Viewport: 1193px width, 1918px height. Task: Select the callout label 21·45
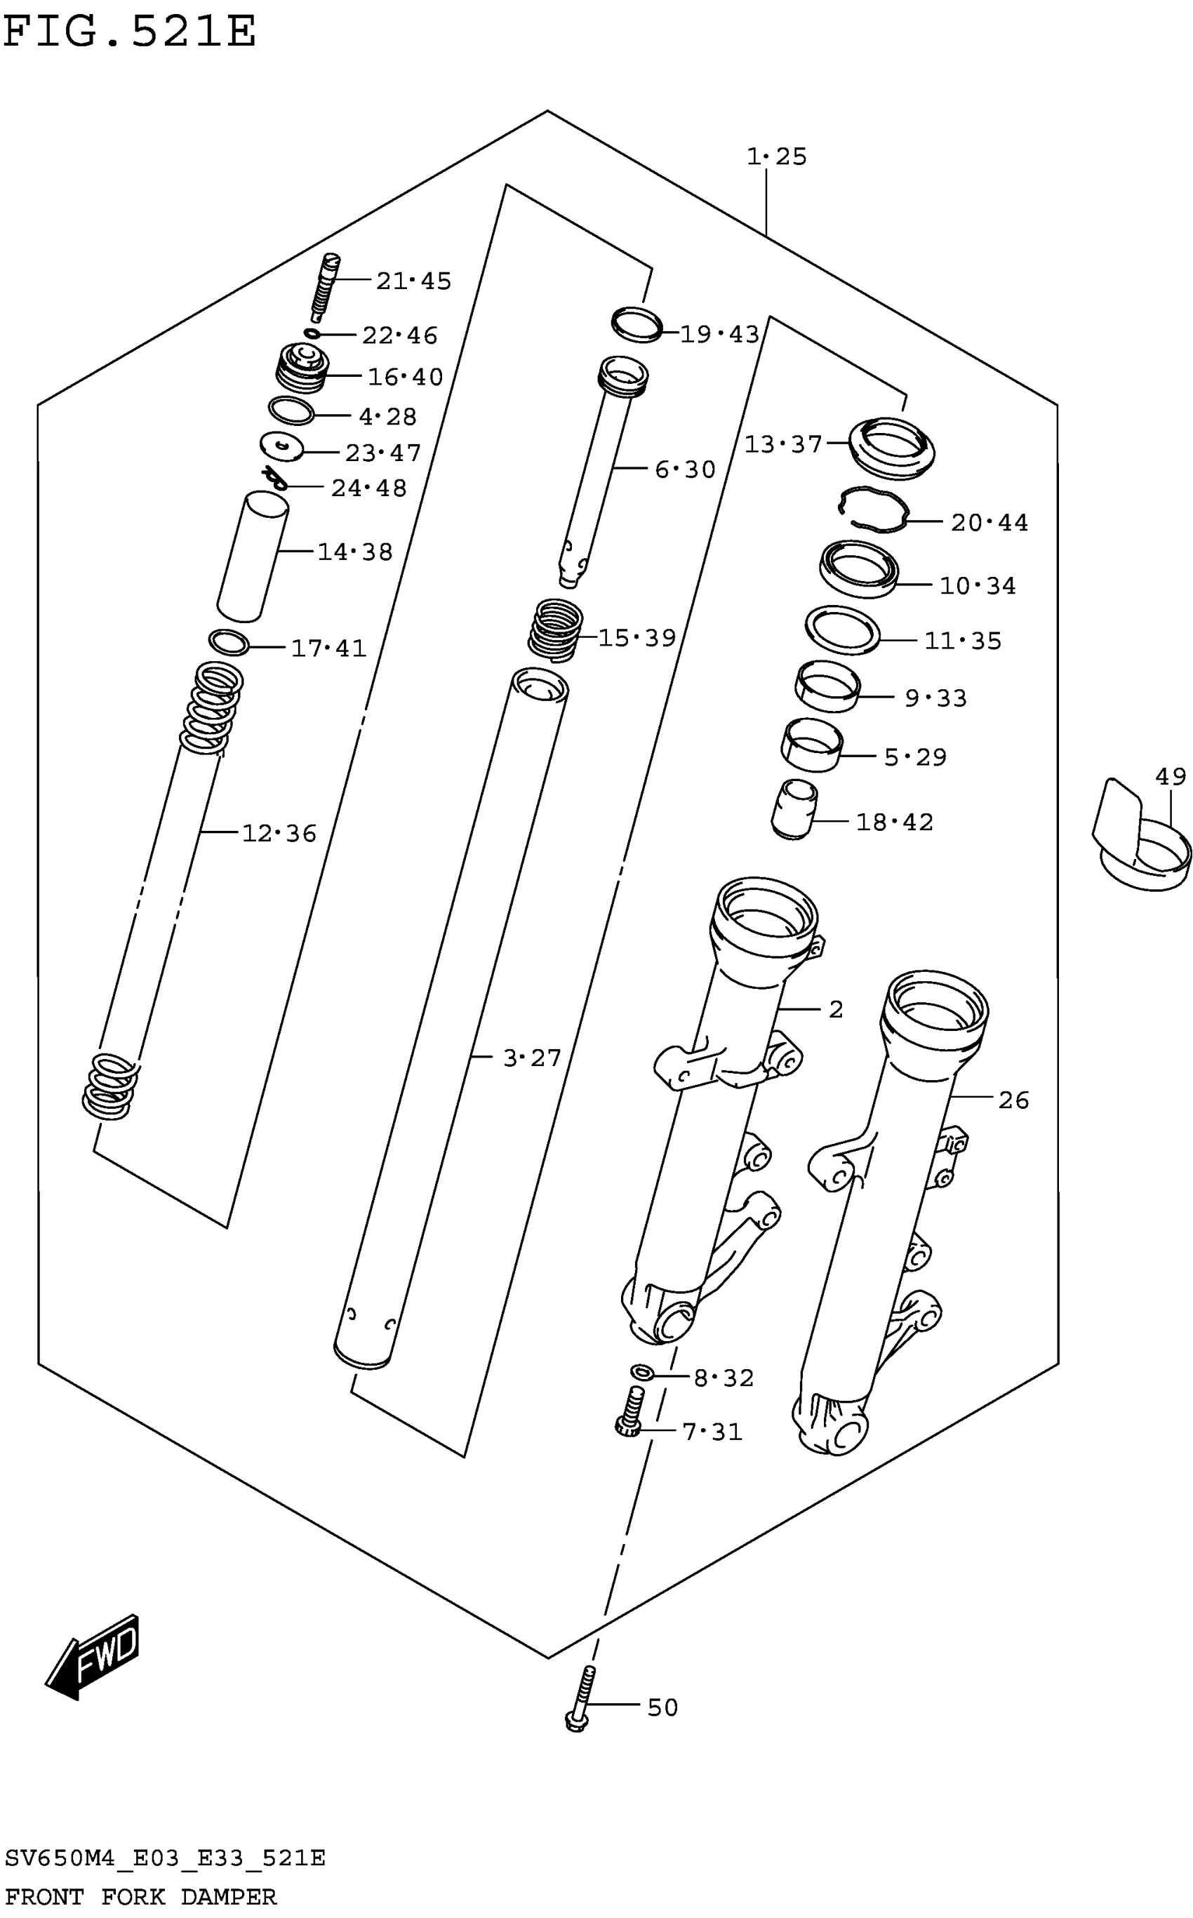413,281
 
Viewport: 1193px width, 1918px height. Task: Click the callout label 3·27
532,1058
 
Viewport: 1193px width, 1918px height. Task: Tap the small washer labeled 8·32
641,1373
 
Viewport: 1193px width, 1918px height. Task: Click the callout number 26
1013,1100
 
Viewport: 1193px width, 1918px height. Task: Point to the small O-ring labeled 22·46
312,334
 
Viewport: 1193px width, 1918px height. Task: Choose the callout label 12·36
279,833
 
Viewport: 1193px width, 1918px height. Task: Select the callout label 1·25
776,156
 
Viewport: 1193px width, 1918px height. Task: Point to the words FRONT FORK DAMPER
141,1897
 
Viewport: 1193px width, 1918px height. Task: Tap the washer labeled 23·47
281,446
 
